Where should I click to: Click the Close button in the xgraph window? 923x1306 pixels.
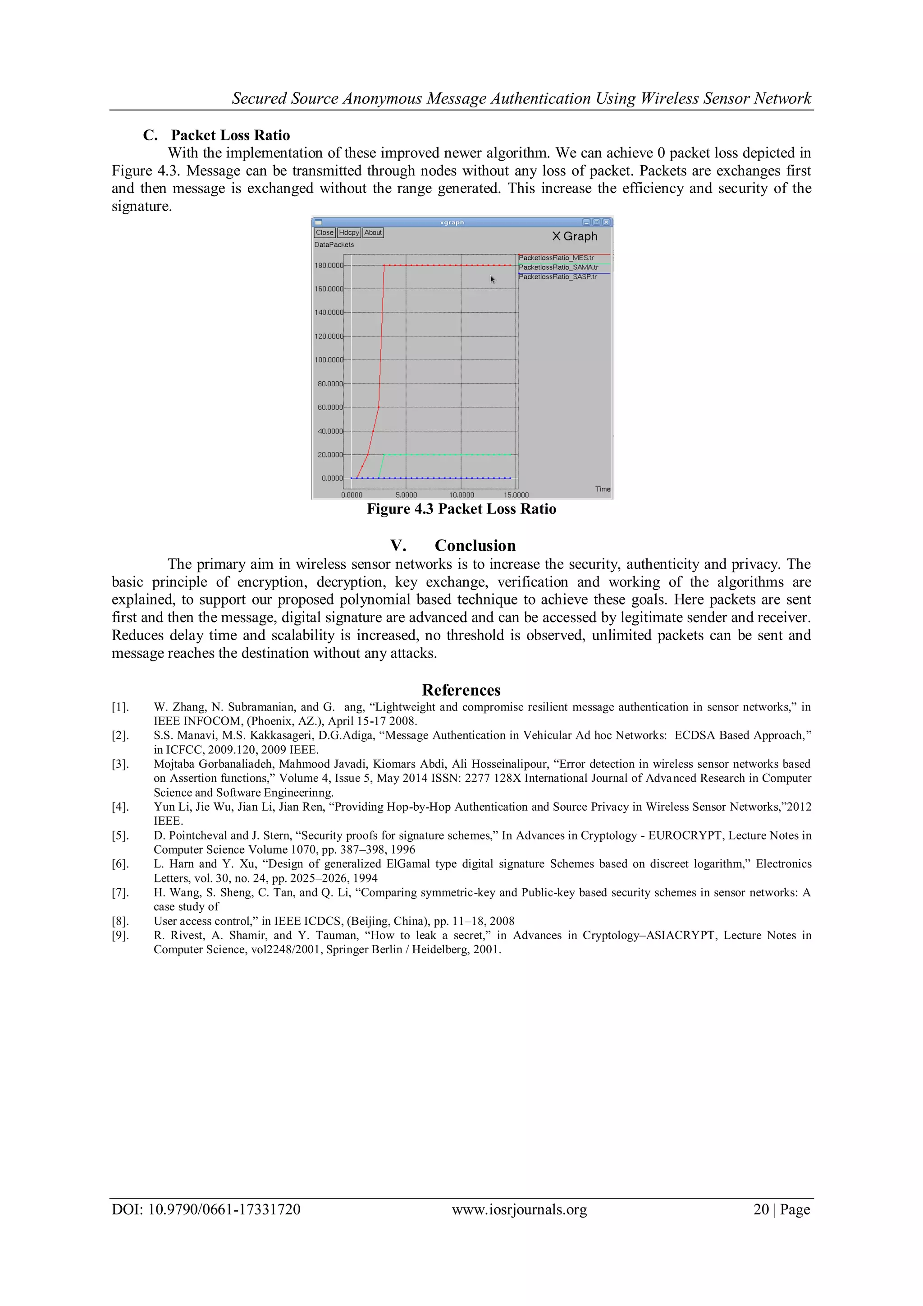pyautogui.click(x=324, y=233)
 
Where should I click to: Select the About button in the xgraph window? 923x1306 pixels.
pyautogui.click(x=373, y=233)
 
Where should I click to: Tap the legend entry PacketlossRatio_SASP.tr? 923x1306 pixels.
pyautogui.click(x=557, y=277)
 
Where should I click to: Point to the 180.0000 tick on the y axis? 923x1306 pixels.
pyautogui.click(x=329, y=266)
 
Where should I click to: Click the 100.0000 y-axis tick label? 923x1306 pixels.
pyautogui.click(x=329, y=360)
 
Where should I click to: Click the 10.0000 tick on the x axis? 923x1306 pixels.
pyautogui.click(x=461, y=495)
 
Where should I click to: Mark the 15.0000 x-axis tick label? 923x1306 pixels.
pyautogui.click(x=516, y=495)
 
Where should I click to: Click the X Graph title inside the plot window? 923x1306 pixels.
pyautogui.click(x=575, y=236)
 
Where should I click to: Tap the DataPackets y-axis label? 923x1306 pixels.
pyautogui.click(x=334, y=245)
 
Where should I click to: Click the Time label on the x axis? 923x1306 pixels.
pyautogui.click(x=603, y=489)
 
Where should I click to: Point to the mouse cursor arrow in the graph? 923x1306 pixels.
pyautogui.click(x=492, y=279)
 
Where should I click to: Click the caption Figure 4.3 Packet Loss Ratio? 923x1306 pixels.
pyautogui.click(x=461, y=509)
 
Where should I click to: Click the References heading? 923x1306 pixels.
pyautogui.click(x=461, y=690)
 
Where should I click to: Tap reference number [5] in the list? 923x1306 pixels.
pyautogui.click(x=120, y=835)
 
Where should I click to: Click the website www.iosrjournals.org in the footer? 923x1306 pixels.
pyautogui.click(x=519, y=1209)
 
